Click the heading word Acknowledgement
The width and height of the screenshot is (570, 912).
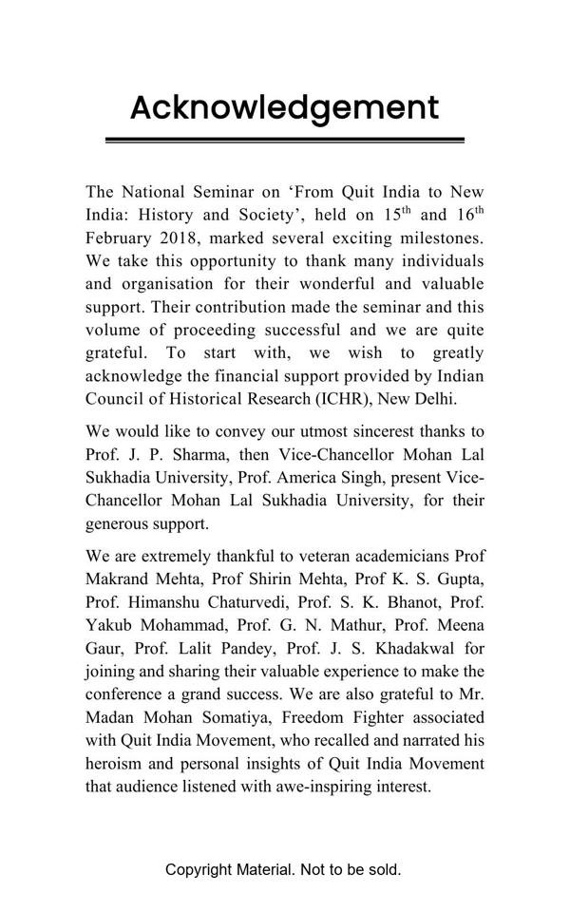(284, 107)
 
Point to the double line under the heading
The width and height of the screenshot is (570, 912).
(284, 141)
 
